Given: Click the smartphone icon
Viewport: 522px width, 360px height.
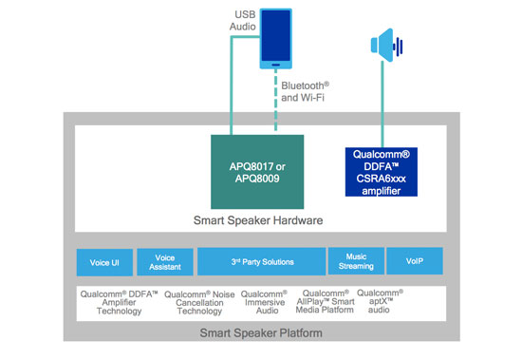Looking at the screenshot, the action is (x=275, y=39).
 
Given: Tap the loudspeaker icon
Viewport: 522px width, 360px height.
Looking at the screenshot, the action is (x=387, y=46).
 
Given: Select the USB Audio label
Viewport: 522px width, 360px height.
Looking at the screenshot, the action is (x=242, y=20).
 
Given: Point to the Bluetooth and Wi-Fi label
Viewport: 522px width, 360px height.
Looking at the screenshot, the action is (x=305, y=92).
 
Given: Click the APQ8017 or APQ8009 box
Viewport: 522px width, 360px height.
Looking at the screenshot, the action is (x=257, y=172).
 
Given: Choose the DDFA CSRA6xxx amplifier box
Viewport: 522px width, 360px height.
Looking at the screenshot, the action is (x=382, y=172).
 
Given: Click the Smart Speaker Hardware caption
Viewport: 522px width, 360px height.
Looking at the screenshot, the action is (x=258, y=220).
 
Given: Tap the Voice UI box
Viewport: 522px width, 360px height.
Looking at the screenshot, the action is (x=104, y=262).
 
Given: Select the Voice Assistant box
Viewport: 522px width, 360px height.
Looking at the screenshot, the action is (x=165, y=262).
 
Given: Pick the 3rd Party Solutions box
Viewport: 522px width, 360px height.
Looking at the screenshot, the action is (x=261, y=261).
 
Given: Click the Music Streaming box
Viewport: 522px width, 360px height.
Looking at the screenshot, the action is (x=356, y=261).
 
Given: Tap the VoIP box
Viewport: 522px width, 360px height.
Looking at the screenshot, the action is (x=415, y=260).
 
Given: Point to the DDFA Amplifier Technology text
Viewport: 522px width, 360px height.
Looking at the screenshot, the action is (x=119, y=302).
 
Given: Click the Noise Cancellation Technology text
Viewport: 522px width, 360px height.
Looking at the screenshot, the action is (x=199, y=303).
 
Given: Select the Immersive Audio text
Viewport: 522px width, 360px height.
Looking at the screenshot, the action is (x=265, y=302).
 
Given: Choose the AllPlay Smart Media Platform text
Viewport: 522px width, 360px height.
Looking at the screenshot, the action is (x=326, y=301).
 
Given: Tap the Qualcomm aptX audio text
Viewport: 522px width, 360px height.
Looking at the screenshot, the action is (x=380, y=301).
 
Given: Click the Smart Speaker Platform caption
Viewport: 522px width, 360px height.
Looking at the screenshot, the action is (x=261, y=332).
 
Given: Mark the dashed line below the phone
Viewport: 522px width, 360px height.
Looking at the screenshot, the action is (x=275, y=100).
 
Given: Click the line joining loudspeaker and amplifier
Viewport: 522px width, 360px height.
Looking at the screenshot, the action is (x=382, y=104).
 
